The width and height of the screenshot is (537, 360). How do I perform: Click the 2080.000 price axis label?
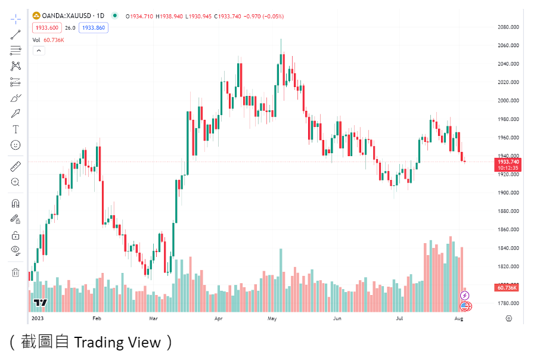(x=507, y=27)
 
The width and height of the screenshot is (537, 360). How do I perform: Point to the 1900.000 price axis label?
(x=507, y=193)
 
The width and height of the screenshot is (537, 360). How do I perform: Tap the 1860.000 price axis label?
(x=507, y=229)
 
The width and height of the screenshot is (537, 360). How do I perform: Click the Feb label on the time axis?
(x=97, y=319)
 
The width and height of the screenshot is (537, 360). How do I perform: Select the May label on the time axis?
(x=272, y=319)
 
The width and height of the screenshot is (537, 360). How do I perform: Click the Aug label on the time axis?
(x=458, y=319)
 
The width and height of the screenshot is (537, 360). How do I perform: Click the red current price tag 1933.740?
(x=507, y=162)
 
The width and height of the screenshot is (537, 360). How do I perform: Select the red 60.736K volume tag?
(x=507, y=288)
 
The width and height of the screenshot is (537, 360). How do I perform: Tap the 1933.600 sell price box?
(x=46, y=27)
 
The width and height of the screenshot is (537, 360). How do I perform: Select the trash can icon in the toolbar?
(x=15, y=272)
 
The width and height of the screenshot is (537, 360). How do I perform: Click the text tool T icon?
(x=15, y=129)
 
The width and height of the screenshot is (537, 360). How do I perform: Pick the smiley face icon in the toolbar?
(x=15, y=145)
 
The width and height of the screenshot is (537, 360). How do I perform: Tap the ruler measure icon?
(x=15, y=166)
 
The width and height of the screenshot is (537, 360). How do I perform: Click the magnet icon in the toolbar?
(x=15, y=203)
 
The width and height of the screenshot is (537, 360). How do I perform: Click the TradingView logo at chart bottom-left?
(x=40, y=303)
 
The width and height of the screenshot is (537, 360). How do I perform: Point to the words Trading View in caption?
(x=117, y=342)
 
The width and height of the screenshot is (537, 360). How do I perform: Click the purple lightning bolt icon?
(x=465, y=296)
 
